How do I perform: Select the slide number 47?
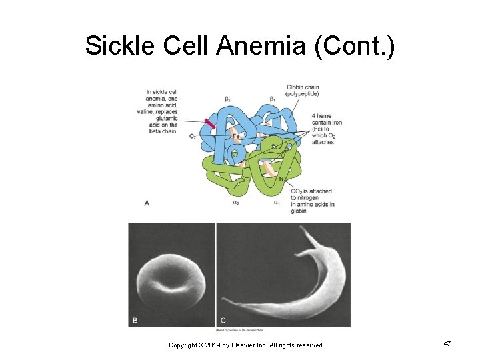447,343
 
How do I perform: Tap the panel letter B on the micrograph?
135,320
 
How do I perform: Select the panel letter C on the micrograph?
223,320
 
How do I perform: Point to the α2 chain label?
236,202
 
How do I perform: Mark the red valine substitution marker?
211,125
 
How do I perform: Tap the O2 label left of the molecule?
193,137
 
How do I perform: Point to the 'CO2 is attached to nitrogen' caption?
312,201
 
